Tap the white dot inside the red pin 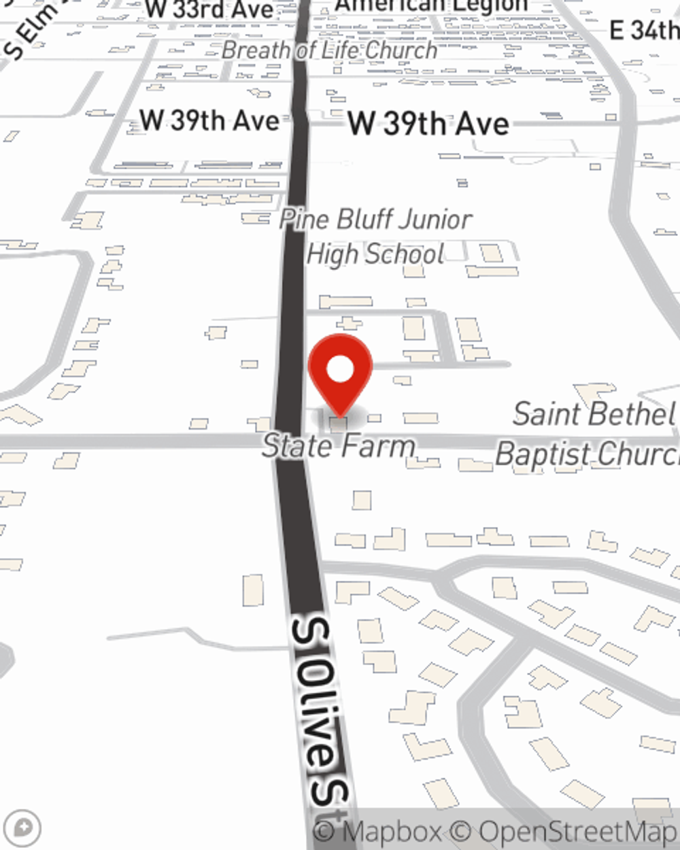(340, 370)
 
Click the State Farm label (339, 447)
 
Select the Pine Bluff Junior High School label (375, 237)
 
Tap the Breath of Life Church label (330, 50)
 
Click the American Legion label (432, 6)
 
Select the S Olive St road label (320, 711)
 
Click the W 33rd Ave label (209, 10)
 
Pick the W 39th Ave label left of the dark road (209, 121)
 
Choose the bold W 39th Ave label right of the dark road (428, 124)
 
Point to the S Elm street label (31, 31)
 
